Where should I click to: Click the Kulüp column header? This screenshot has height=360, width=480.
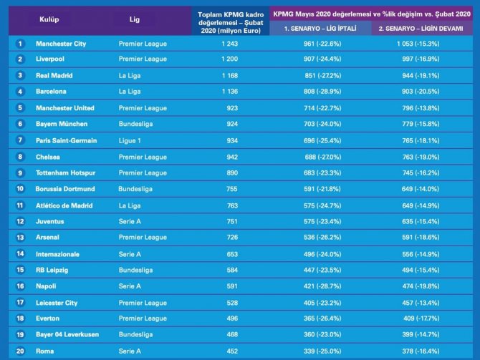[x=49, y=19]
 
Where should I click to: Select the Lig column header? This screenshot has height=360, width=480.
[x=135, y=19]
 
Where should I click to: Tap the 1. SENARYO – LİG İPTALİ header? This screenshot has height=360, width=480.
[x=320, y=29]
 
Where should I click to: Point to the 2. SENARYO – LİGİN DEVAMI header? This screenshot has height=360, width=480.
[x=421, y=29]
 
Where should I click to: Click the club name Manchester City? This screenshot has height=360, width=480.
[x=61, y=44]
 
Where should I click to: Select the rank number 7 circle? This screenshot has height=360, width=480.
[x=20, y=140]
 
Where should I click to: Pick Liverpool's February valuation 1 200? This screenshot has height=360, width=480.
[x=229, y=59]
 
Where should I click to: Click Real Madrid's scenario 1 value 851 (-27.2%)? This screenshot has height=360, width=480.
[x=322, y=76]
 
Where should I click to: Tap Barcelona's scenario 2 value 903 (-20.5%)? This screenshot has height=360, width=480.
[x=421, y=92]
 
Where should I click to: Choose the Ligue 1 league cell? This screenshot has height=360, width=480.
[x=130, y=141]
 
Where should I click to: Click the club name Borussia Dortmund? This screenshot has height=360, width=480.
[x=65, y=189]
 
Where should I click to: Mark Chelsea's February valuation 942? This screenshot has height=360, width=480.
[x=232, y=157]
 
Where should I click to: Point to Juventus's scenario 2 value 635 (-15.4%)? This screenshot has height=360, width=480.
[x=421, y=221]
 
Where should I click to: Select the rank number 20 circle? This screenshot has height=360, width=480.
[x=20, y=351]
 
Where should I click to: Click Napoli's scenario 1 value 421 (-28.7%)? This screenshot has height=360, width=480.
[x=322, y=286]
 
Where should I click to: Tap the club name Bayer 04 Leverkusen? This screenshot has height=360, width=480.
[x=67, y=334]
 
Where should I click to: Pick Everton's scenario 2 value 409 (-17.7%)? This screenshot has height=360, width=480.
[x=421, y=318]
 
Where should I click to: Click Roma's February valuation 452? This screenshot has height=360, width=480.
[x=232, y=351]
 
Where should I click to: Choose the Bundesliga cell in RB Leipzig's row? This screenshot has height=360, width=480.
[x=135, y=270]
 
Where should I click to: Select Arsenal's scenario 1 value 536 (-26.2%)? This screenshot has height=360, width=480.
[x=322, y=238]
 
